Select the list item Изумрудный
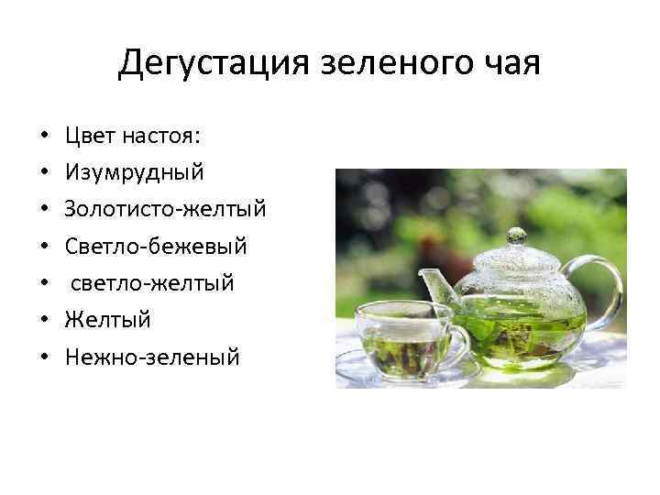[x=135, y=172]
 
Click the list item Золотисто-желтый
[x=165, y=209]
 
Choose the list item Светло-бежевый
[x=156, y=247]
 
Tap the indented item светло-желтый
[x=152, y=283]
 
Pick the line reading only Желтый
[x=107, y=320]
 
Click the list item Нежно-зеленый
[x=152, y=357]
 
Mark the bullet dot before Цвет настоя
[x=44, y=137]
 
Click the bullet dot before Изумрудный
[x=44, y=173]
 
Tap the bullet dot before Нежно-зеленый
[x=44, y=357]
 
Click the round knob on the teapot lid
[x=516, y=235]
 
